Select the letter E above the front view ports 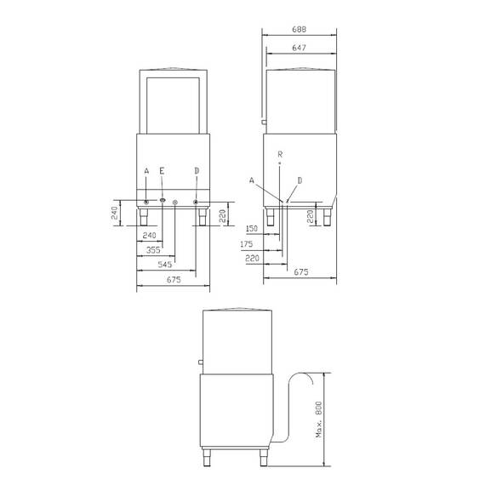click(163, 172)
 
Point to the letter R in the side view click(280, 153)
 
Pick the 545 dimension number click(164, 265)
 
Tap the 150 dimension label click(251, 229)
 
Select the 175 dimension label click(251, 243)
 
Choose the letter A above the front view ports click(146, 172)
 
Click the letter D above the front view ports click(197, 172)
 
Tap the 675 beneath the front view click(174, 279)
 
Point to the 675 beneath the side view click(300, 272)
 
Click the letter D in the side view click(299, 180)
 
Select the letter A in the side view click(252, 180)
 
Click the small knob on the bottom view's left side click(201, 362)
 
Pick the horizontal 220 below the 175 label click(251, 258)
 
